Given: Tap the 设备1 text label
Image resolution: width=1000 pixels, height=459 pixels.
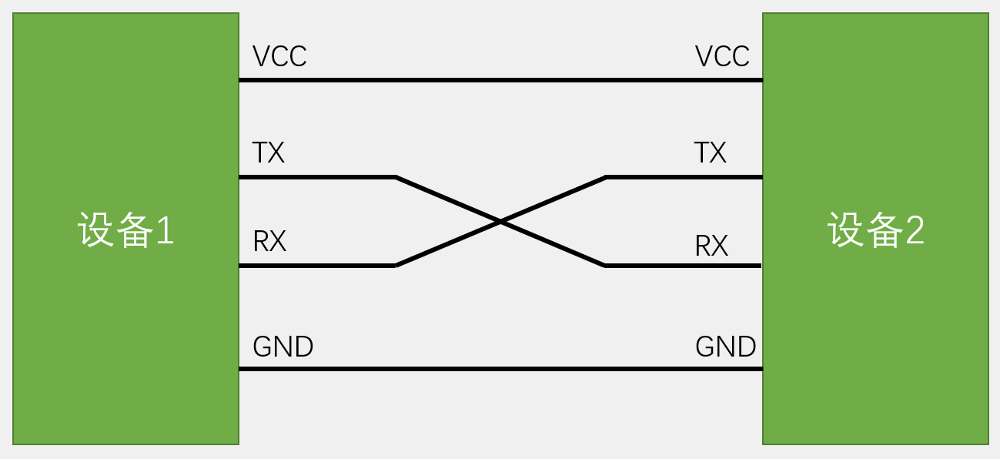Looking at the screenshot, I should [x=126, y=229].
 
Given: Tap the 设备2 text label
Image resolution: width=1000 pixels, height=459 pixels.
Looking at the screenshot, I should [x=876, y=229].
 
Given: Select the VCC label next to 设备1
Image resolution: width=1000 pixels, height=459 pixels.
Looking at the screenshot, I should [x=279, y=56].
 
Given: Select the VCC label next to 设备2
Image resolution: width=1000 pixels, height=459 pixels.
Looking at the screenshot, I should [x=722, y=56].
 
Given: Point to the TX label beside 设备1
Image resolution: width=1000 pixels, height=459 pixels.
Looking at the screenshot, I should [x=269, y=153].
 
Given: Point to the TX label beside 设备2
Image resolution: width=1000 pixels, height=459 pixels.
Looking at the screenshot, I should [x=710, y=153].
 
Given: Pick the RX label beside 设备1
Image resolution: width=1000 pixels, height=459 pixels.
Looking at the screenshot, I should [x=269, y=242].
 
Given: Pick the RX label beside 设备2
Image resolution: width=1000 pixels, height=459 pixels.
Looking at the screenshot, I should [x=711, y=246].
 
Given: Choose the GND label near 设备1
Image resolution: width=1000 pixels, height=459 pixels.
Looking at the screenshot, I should [x=283, y=347].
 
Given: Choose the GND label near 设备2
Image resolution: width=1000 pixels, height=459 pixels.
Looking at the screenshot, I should [x=725, y=347].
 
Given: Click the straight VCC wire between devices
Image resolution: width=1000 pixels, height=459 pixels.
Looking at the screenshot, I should [x=500, y=79].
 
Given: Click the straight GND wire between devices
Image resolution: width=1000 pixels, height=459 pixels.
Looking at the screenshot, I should [x=500, y=369].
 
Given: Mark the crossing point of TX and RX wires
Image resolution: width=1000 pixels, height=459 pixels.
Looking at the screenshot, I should [x=500, y=222].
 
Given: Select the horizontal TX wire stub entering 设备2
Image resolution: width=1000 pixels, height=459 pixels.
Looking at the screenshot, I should [x=684, y=177].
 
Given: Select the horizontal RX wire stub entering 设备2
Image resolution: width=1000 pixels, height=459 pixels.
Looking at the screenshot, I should [x=684, y=266].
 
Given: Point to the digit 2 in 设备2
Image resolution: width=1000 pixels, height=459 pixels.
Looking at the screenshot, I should [x=915, y=230].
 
